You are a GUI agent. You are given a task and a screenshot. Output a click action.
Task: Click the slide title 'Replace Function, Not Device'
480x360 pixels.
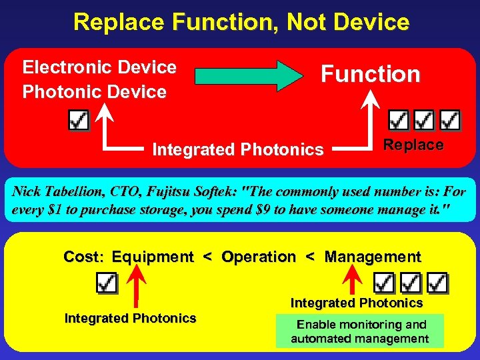click(x=241, y=22)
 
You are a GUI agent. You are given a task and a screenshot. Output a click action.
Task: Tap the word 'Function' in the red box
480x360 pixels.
click(x=371, y=74)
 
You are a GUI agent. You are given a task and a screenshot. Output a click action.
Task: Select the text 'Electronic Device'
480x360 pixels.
click(x=99, y=67)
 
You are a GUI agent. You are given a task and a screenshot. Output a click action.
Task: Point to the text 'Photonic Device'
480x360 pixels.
click(x=94, y=92)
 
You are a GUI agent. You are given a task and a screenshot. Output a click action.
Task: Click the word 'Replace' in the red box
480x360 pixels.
click(x=413, y=145)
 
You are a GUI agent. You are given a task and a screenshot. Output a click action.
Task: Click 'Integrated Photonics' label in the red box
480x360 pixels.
click(x=237, y=150)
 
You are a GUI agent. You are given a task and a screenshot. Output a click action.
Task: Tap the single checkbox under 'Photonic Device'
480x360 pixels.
click(x=79, y=121)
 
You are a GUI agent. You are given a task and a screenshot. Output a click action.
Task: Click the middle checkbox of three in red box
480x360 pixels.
click(x=424, y=121)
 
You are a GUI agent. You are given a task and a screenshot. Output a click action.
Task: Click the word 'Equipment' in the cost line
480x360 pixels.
click(x=153, y=257)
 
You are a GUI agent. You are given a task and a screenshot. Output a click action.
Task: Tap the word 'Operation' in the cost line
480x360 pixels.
click(x=258, y=257)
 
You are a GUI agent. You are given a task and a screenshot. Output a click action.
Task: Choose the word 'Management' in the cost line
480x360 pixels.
click(x=373, y=257)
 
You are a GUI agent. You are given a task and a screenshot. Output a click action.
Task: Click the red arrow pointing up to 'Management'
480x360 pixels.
click(x=355, y=280)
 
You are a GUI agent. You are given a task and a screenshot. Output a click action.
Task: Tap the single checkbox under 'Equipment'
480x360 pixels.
click(x=107, y=283)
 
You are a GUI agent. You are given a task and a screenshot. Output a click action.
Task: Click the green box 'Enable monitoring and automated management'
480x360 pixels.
click(x=361, y=331)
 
